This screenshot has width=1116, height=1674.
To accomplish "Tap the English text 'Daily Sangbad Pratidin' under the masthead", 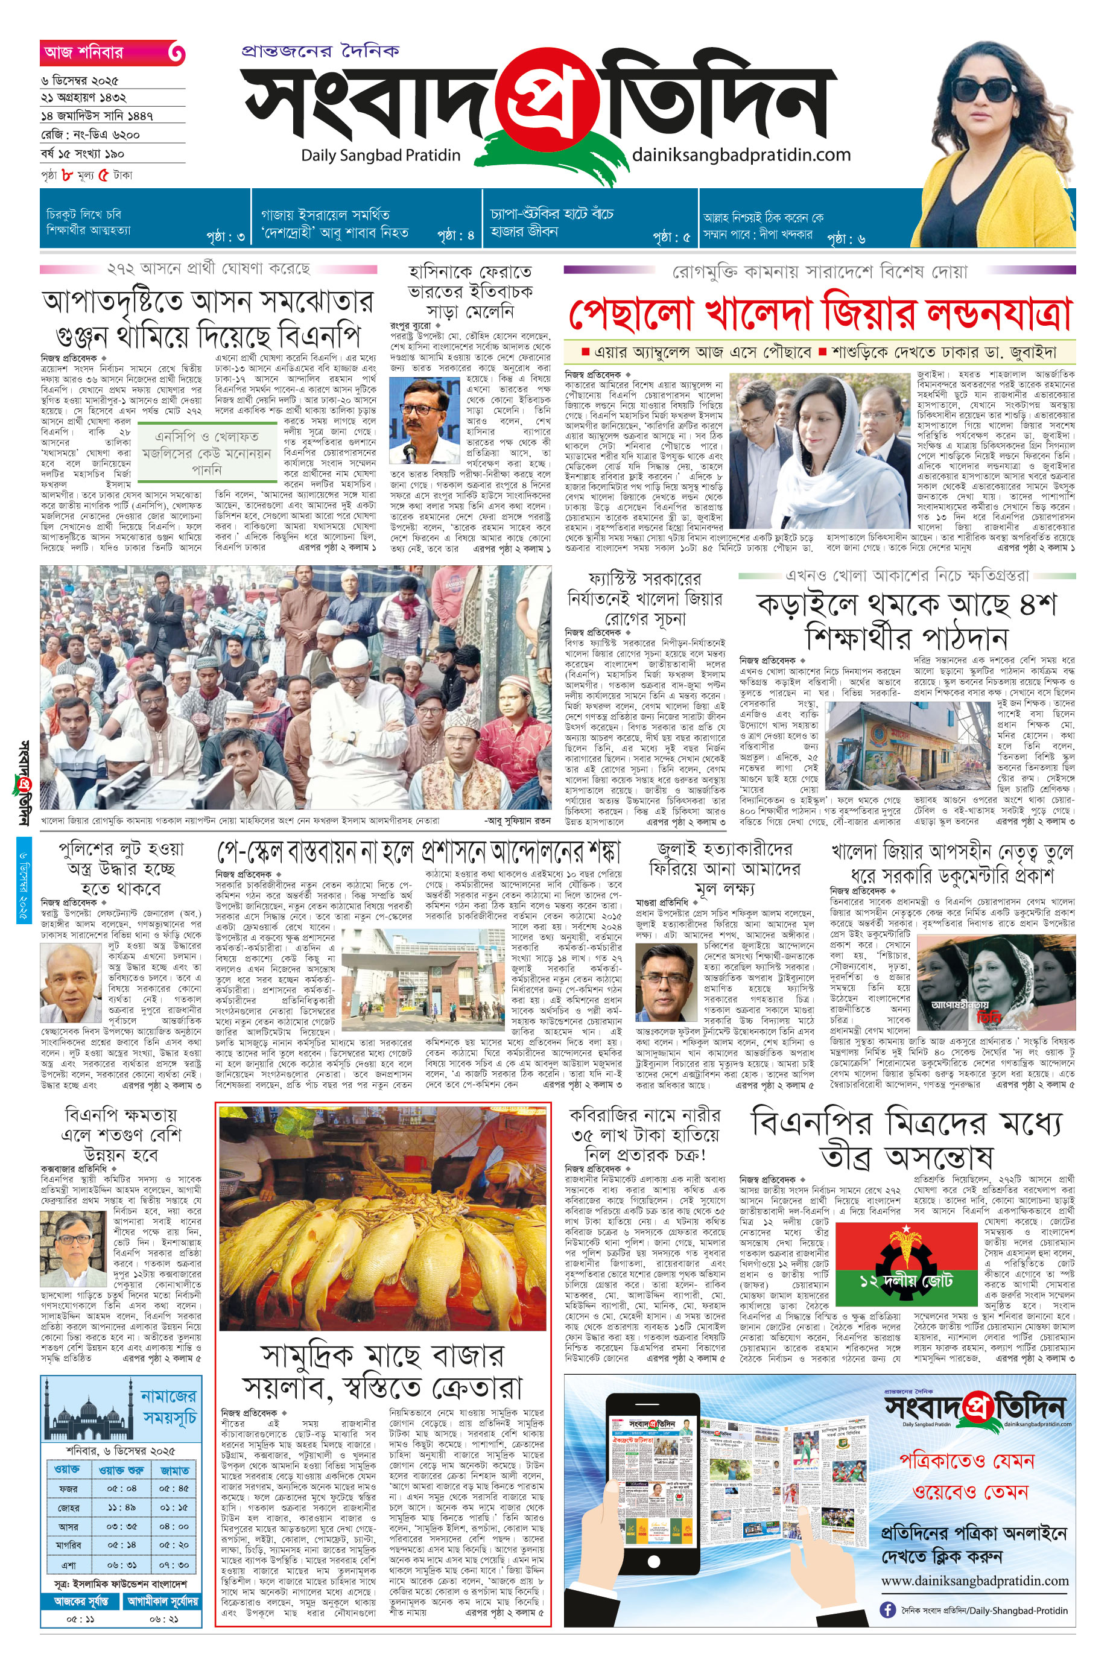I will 380,155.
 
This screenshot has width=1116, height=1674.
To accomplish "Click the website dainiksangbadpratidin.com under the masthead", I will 741,154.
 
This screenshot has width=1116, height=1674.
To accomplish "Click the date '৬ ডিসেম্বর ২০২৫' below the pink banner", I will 80,81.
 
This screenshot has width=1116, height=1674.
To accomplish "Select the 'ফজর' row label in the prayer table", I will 68,1489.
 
